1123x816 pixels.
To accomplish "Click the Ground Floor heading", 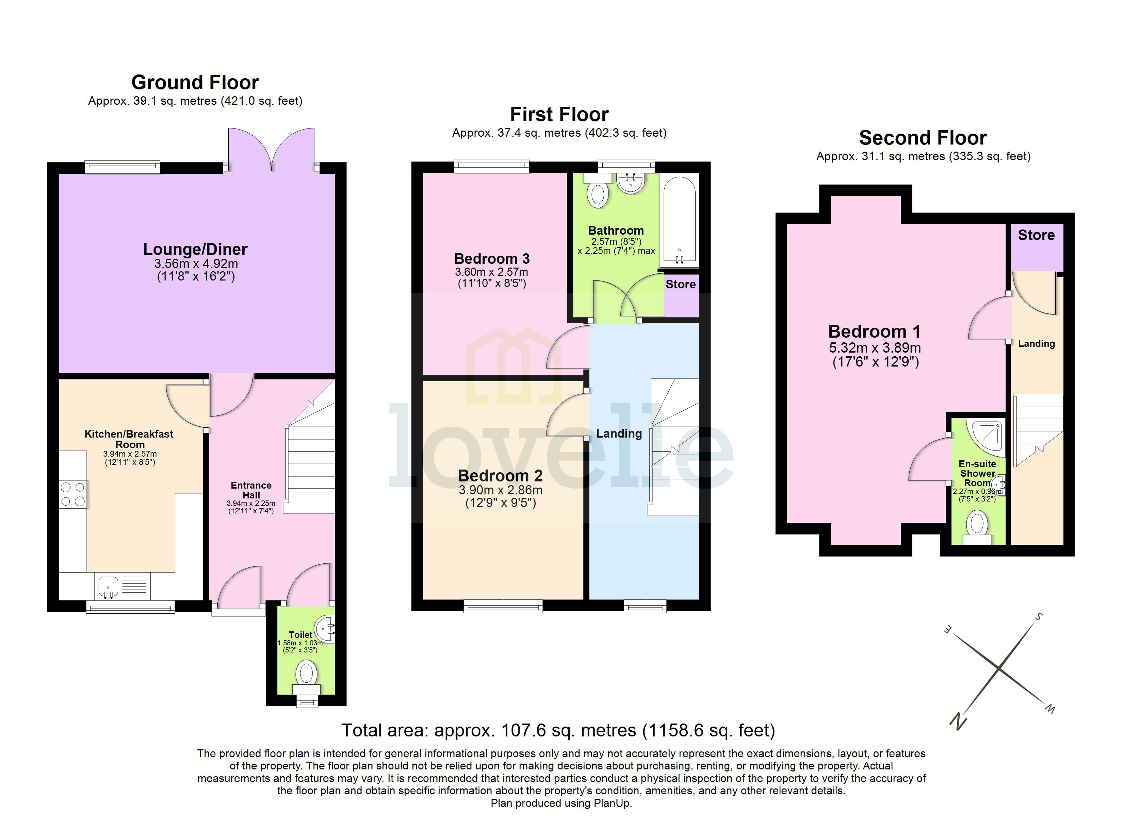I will click(195, 82).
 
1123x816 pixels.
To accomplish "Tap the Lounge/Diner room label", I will click(195, 250).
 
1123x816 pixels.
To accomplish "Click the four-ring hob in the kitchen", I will click(73, 494).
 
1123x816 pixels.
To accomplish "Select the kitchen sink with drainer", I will click(122, 587).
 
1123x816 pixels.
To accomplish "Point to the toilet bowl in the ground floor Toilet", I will click(307, 674).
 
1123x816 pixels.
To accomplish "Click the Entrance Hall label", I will click(251, 490).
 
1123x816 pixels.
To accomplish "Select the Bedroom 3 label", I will click(492, 259).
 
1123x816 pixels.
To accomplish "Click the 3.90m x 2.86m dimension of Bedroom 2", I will click(500, 490).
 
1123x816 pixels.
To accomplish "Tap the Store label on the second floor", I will click(1036, 235).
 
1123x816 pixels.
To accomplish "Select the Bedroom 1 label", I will click(875, 331).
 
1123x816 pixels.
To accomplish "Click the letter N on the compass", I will click(958, 721).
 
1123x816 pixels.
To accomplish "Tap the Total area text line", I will click(558, 730).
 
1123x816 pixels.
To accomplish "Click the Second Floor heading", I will click(923, 138).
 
